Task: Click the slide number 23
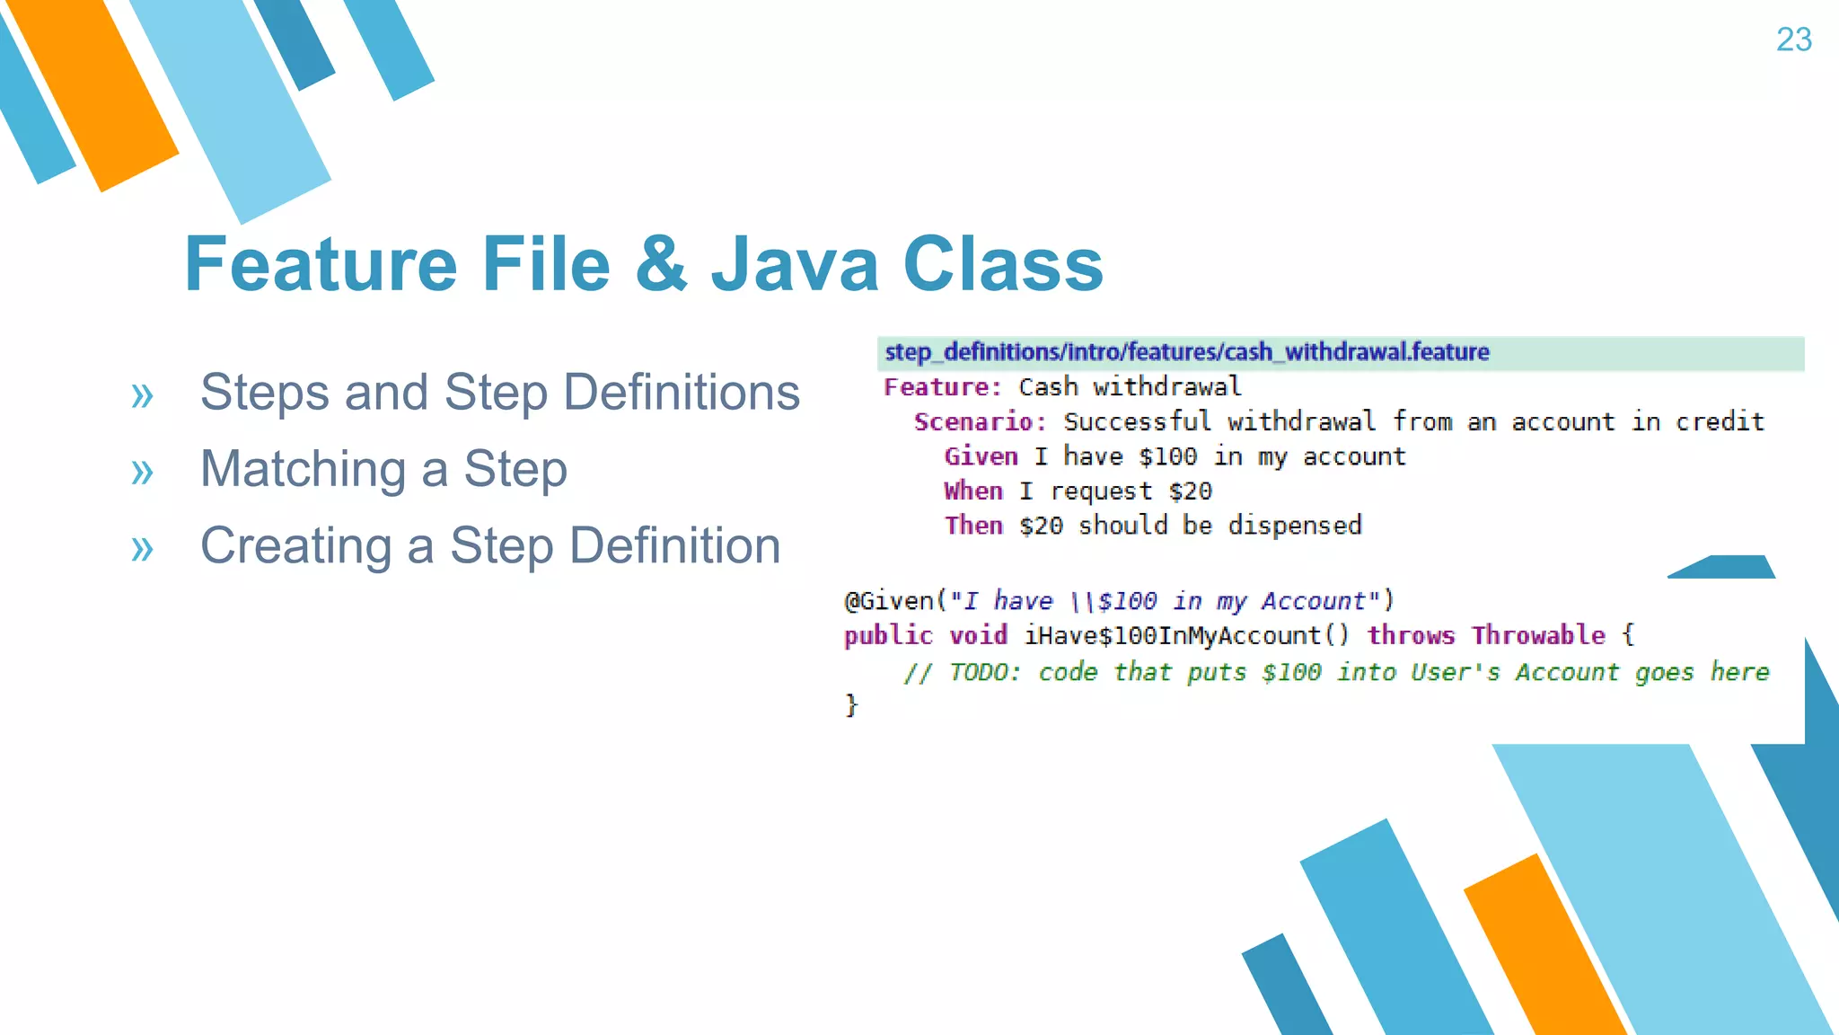point(1793,40)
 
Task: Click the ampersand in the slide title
point(661,263)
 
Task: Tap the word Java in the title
point(795,263)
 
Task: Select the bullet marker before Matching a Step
point(142,471)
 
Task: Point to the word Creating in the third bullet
point(295,546)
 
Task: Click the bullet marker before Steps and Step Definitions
point(142,394)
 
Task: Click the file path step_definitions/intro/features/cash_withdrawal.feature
point(1186,352)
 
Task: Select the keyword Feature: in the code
point(942,387)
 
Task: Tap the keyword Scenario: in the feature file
point(980,421)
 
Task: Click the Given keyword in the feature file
point(981,456)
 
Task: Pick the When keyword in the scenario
point(973,491)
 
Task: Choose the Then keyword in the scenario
point(973,526)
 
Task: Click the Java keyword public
point(888,636)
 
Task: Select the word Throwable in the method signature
point(1538,636)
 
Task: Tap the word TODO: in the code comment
point(984,672)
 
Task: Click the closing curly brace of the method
point(851,705)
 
